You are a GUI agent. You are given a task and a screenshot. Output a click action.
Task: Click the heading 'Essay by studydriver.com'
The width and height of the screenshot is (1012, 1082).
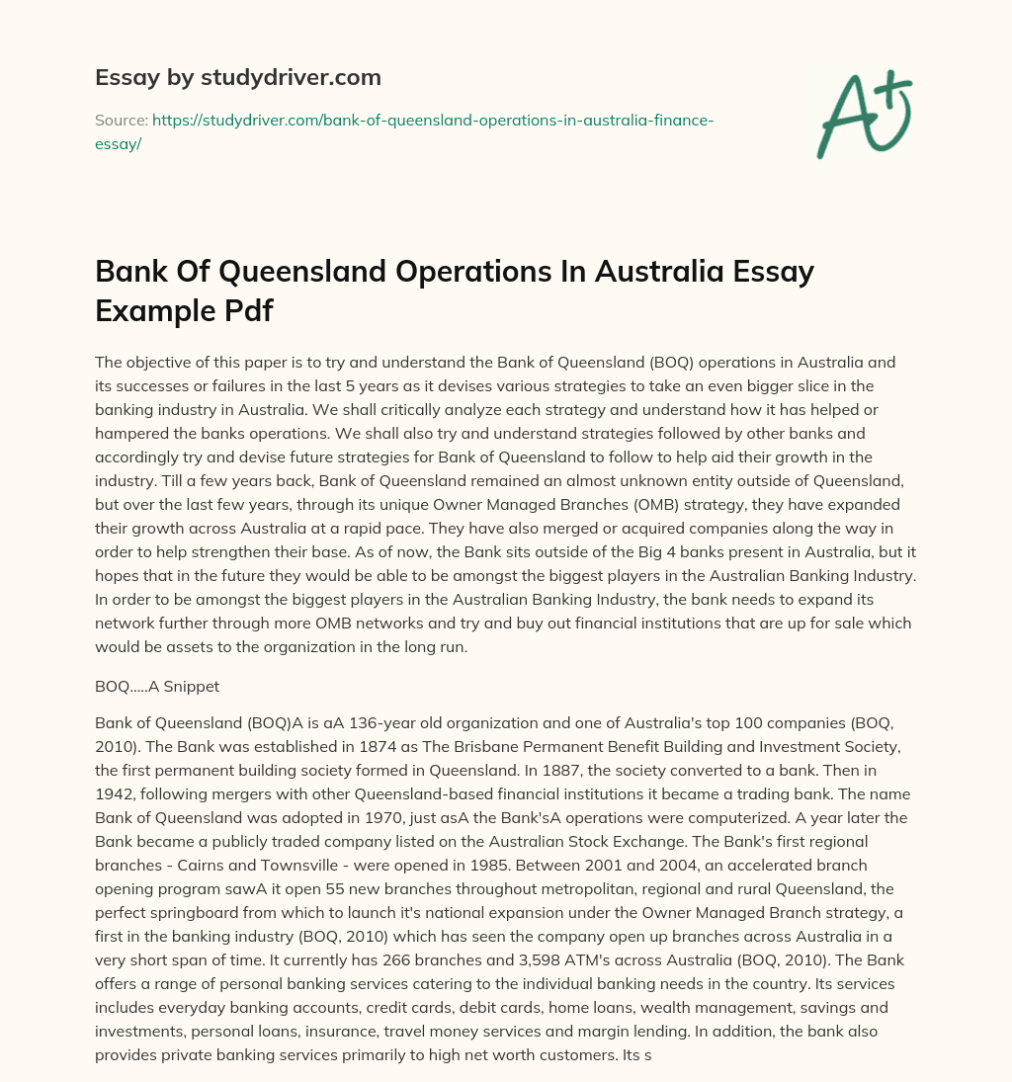237,77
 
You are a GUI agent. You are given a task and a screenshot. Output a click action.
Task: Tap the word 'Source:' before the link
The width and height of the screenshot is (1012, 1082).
121,120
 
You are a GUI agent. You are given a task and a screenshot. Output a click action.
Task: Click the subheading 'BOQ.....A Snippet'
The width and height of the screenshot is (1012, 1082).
156,684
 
